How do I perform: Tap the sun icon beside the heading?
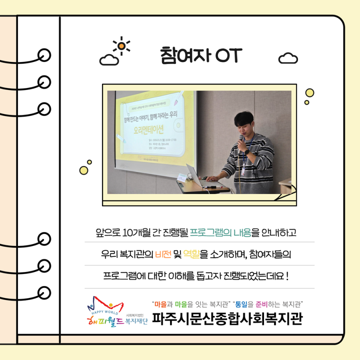coord(121,46)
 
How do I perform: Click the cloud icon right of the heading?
coord(288,59)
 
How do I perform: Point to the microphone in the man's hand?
coord(241,140)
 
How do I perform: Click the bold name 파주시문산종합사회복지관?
coord(227,319)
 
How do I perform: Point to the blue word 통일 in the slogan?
coord(242,304)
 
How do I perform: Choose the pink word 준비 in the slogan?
coord(262,304)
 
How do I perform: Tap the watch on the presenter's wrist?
coord(247,152)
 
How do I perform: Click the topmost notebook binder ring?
coord(44,55)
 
